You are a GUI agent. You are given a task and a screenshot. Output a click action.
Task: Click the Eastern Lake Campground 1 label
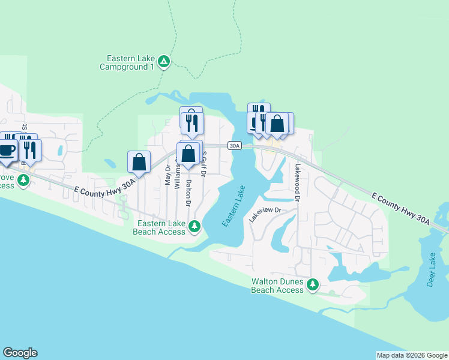(130, 62)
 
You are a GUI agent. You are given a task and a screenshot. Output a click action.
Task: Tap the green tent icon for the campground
(163, 61)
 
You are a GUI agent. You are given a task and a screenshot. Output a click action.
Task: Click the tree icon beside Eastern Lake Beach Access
(194, 226)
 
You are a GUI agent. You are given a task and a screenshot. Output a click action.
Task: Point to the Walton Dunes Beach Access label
(277, 286)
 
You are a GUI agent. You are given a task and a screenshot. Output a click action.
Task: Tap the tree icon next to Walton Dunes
(312, 285)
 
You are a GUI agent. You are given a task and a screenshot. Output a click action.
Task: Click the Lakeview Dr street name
(265, 214)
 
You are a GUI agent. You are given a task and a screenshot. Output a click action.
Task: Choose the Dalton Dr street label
(188, 193)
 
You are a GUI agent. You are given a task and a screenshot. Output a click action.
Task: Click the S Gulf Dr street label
(204, 164)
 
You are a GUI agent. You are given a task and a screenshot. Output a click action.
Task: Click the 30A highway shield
(234, 146)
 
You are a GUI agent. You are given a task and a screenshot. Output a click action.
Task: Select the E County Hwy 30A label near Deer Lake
(401, 209)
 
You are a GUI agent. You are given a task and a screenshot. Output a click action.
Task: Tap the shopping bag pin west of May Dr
(139, 162)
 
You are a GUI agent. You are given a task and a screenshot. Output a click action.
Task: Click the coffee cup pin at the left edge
(7, 151)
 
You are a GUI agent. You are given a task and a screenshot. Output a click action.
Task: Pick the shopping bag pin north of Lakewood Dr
(277, 124)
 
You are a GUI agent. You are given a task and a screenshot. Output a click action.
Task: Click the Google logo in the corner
(20, 353)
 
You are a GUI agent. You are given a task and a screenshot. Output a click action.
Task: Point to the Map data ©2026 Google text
(412, 355)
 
